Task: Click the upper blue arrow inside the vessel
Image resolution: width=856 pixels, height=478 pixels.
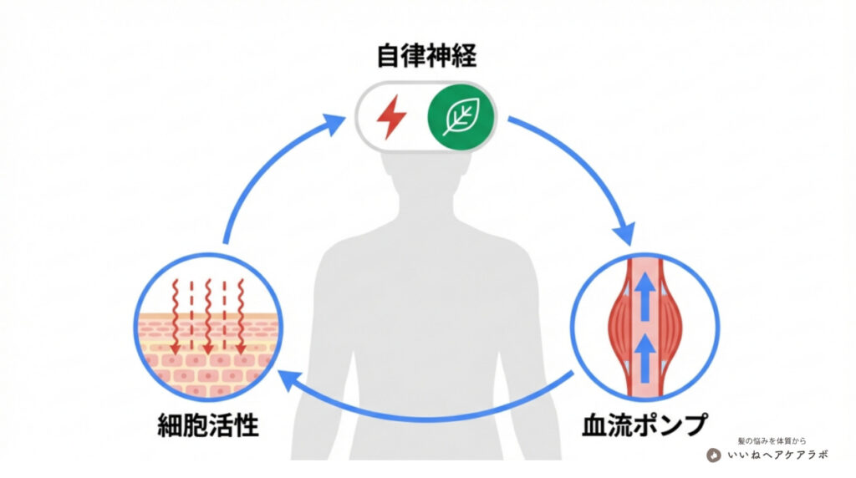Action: coord(644,294)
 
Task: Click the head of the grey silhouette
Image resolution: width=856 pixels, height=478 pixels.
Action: coord(426,180)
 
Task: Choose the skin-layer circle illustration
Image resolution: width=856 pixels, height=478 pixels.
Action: coord(207,326)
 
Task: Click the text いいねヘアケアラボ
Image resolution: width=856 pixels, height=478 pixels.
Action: coord(777,455)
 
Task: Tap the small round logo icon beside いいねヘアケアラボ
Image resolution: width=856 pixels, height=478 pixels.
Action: coord(714,455)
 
